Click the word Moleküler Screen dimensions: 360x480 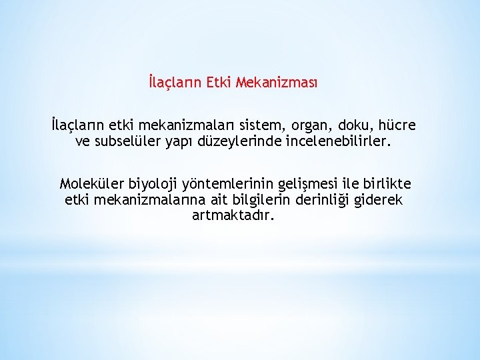(91, 183)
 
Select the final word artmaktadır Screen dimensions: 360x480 (233, 215)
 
